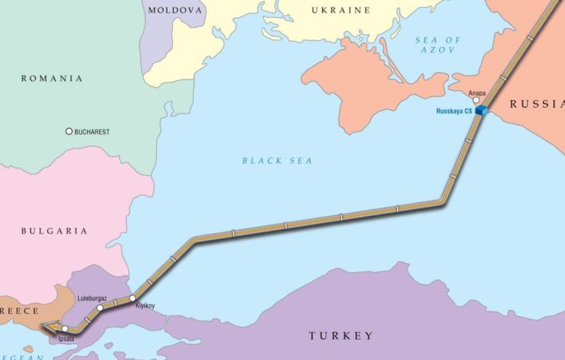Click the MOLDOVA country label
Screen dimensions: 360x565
click(x=176, y=10)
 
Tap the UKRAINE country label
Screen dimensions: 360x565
click(x=341, y=10)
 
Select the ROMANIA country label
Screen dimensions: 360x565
click(x=52, y=78)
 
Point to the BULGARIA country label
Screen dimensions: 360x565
click(x=54, y=230)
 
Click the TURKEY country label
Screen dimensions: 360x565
click(x=341, y=335)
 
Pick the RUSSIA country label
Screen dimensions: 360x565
click(x=536, y=104)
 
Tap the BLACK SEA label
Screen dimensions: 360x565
click(x=277, y=161)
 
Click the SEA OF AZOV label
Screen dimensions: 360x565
click(x=438, y=44)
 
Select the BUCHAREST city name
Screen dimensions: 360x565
click(x=92, y=132)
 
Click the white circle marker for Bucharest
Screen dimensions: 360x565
click(x=69, y=131)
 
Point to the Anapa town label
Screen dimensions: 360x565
click(x=477, y=93)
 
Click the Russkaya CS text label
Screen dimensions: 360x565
click(x=454, y=111)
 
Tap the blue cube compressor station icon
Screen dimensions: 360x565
click(x=481, y=111)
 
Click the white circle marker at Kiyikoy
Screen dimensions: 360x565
click(x=132, y=298)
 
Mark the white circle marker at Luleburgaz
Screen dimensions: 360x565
click(x=100, y=308)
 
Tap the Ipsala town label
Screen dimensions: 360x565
click(x=67, y=338)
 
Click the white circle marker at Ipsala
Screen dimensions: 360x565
click(x=65, y=329)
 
